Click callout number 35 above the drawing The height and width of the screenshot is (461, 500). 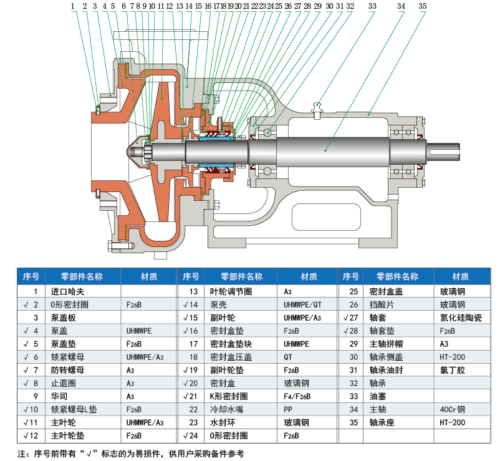423,6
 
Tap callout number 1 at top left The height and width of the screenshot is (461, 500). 73,6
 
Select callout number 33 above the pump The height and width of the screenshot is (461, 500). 372,6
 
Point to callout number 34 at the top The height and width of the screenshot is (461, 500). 401,6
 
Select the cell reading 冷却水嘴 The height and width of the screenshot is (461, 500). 223,409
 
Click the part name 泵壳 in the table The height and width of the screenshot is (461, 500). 216,304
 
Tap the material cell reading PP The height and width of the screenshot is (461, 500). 288,409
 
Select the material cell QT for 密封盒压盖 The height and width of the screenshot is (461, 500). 289,357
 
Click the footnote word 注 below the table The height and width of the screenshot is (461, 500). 20,454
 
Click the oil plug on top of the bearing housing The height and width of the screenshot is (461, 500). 318,107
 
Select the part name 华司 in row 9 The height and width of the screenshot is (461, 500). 46,396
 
